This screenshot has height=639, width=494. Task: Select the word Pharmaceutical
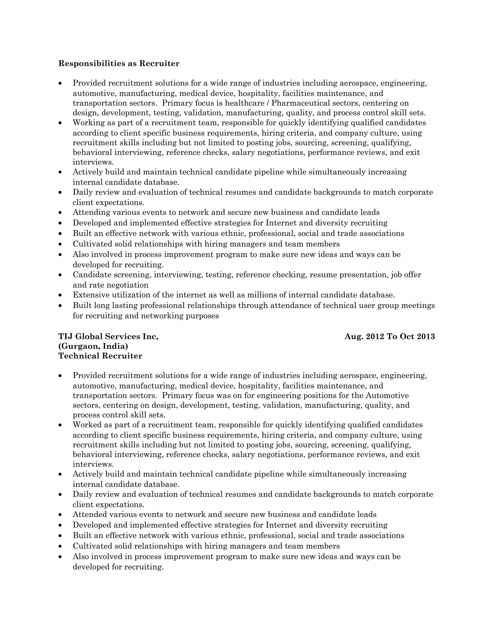pyautogui.click(x=301, y=103)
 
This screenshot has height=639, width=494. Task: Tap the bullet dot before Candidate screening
pyautogui.click(x=60, y=275)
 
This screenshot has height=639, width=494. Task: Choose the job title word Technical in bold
pyautogui.click(x=79, y=356)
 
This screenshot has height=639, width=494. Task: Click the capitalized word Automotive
pyautogui.click(x=387, y=395)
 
